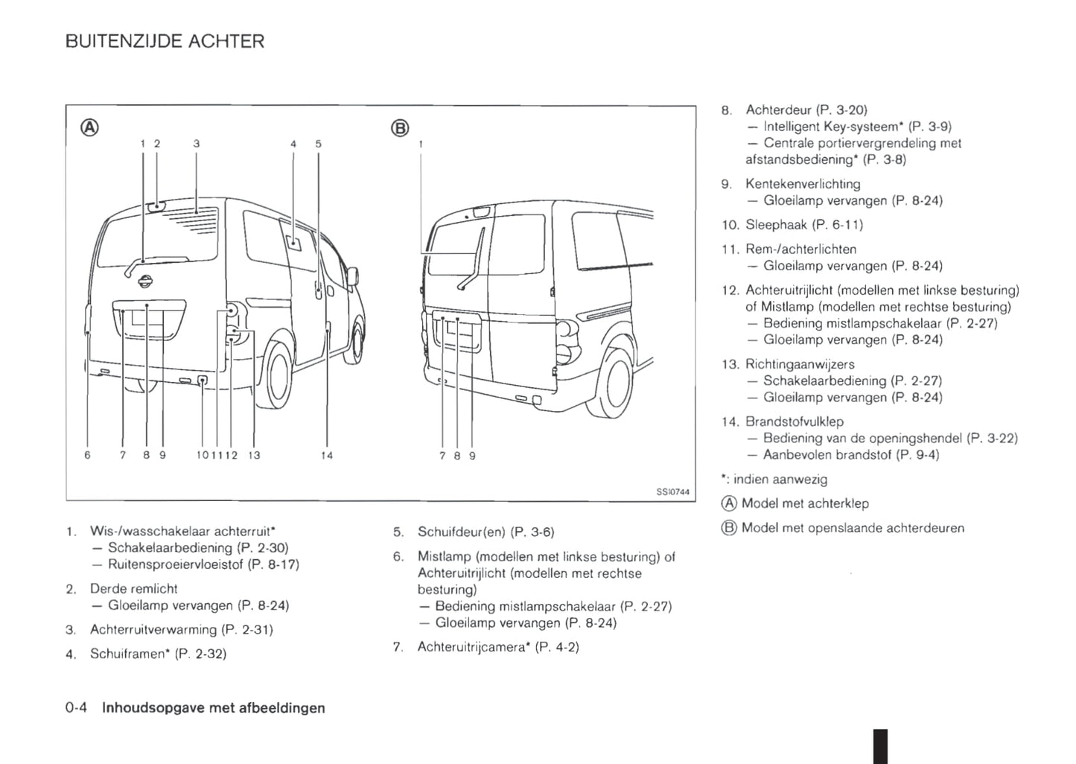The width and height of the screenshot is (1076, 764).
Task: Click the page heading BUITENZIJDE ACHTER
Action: [165, 41]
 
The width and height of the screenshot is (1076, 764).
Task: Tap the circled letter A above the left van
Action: [89, 127]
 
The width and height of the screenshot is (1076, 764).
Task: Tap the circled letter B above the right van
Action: [400, 128]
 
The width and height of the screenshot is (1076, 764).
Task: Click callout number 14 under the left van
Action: [327, 455]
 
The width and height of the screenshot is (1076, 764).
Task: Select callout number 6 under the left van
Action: [87, 455]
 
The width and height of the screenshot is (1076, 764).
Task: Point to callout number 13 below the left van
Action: [254, 455]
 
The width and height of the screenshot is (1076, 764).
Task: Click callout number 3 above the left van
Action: [196, 144]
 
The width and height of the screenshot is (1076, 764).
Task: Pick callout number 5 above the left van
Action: [318, 144]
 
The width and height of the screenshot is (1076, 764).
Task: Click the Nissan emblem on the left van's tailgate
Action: [145, 281]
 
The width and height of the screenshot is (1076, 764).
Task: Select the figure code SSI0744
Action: [672, 492]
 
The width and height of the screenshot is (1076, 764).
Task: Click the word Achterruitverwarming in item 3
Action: [153, 630]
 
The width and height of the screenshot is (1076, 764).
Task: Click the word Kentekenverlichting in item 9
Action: [803, 184]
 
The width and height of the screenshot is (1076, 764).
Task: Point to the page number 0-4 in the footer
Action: [76, 707]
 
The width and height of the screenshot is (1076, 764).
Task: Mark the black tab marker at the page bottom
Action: [880, 747]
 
